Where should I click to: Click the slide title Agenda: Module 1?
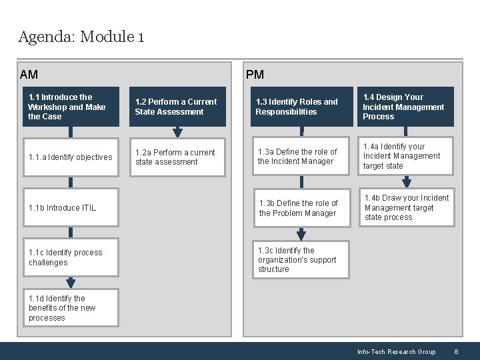point(81,37)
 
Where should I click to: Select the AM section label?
point(29,75)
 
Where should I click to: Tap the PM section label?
point(255,75)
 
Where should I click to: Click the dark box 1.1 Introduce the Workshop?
point(71,107)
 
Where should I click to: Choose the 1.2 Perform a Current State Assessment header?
point(178,107)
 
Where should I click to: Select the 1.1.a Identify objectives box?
point(71,157)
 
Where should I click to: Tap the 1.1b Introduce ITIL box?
point(71,208)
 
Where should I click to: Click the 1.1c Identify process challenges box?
point(71,257)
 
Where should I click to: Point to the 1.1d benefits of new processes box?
point(71,308)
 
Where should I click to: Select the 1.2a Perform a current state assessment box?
point(178,157)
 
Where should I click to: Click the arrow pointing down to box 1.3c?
point(301,234)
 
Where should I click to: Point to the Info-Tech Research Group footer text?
point(396,352)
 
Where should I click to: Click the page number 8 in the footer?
point(456,352)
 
